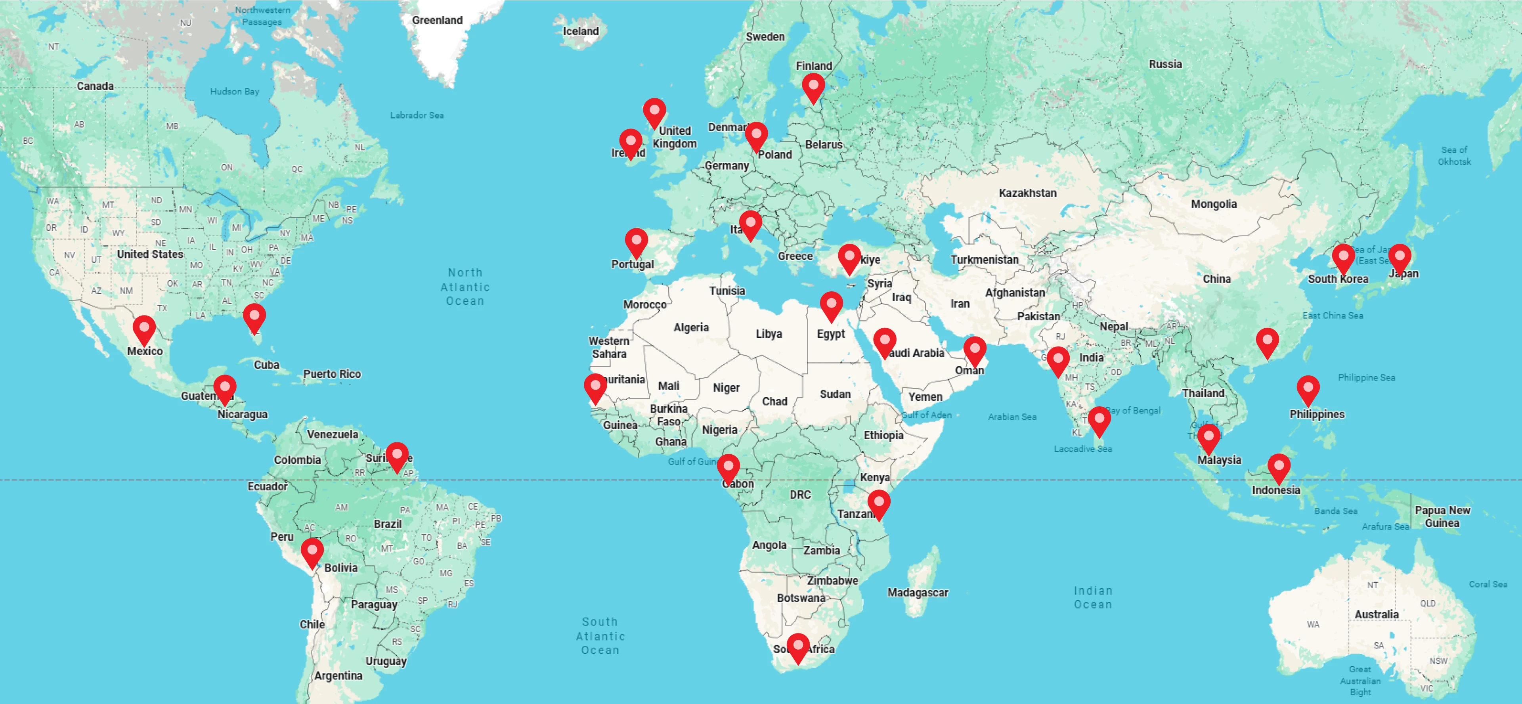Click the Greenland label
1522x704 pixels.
click(x=437, y=20)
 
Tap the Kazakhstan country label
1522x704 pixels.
click(x=1027, y=193)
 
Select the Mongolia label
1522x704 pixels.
click(x=1214, y=204)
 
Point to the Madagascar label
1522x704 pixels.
click(x=918, y=592)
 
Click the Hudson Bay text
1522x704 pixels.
click(x=235, y=91)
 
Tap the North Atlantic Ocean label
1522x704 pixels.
click(x=465, y=287)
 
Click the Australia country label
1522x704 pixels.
click(x=1376, y=614)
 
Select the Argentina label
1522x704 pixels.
click(x=338, y=675)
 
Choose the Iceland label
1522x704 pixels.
click(x=580, y=31)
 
